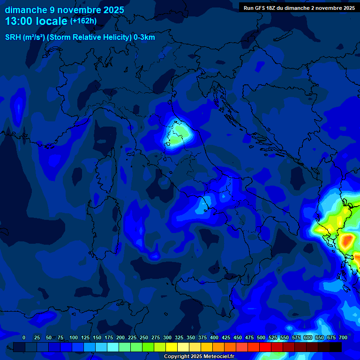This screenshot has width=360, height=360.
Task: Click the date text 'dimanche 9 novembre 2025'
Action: pyautogui.click(x=64, y=10)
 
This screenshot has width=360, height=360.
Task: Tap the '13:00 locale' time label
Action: pyautogui.click(x=36, y=21)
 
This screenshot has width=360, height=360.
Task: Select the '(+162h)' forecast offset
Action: pyautogui.click(x=83, y=21)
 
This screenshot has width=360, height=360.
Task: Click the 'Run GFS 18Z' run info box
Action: pyautogui.click(x=299, y=7)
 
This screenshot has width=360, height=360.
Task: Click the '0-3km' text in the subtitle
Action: pyautogui.click(x=144, y=37)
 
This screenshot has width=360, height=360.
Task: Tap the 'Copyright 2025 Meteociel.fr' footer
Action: pyautogui.click(x=199, y=357)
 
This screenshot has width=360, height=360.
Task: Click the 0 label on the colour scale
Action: pyautogui.click(x=24, y=337)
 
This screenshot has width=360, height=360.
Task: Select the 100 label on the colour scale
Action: pyautogui.click(x=74, y=337)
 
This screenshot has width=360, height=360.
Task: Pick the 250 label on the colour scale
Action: pyautogui.click(x=144, y=337)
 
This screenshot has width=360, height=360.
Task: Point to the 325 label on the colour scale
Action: pyautogui.click(x=179, y=337)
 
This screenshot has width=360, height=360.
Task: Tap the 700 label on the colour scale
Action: pyautogui.click(x=343, y=337)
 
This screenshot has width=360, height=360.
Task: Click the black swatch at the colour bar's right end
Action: pyautogui.click(x=336, y=347)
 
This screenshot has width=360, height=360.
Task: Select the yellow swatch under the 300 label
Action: pyautogui.click(x=172, y=347)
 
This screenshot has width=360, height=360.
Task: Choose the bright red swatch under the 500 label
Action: pyautogui.click(x=254, y=347)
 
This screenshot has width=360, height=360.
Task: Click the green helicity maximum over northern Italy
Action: pyautogui.click(x=176, y=135)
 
